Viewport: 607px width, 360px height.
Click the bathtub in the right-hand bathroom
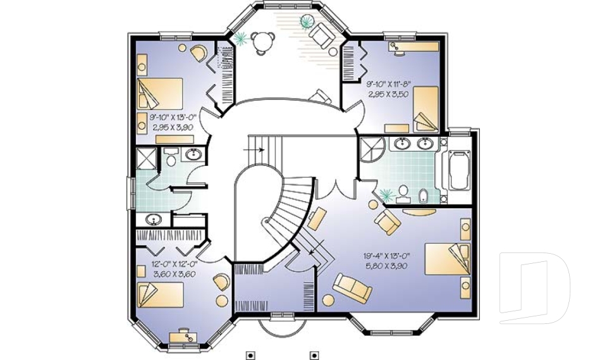(458, 170)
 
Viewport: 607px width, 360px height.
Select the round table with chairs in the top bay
(261, 42)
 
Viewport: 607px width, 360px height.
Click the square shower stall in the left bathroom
(146, 158)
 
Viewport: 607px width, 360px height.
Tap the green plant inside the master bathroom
(385, 194)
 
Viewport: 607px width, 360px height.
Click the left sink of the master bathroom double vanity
(402, 144)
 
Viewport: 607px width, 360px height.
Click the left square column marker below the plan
(251, 355)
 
